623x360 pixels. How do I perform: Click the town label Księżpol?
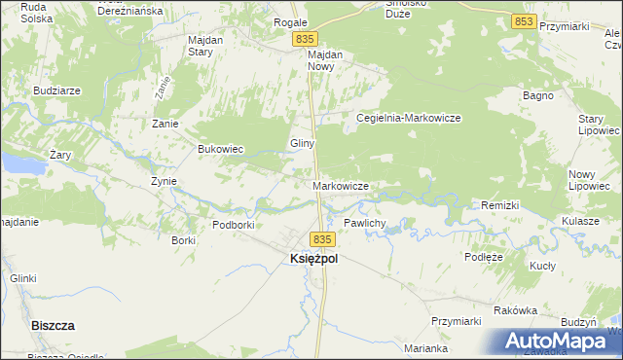(313, 260)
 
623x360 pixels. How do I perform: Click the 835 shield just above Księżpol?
(323, 238)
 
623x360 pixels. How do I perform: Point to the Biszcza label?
(54, 326)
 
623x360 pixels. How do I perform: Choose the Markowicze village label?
(340, 185)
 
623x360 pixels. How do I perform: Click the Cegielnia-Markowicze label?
(408, 118)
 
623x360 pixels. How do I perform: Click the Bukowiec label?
(220, 149)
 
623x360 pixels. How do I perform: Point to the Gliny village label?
(301, 143)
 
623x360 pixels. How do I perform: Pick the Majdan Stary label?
(205, 46)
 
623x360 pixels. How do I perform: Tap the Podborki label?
(234, 225)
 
